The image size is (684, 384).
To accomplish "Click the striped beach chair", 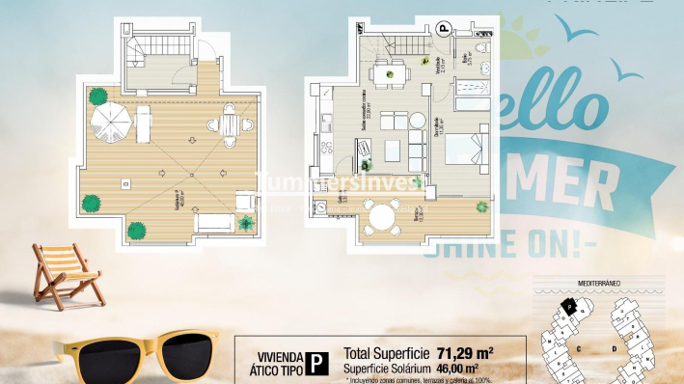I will pos(67,273).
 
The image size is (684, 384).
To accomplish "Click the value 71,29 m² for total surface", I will pos(466,354).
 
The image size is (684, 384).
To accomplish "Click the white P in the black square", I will pos(315,363).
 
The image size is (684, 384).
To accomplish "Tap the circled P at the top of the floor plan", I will pos(445,30).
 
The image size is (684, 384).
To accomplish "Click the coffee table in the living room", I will pos(394,151).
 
